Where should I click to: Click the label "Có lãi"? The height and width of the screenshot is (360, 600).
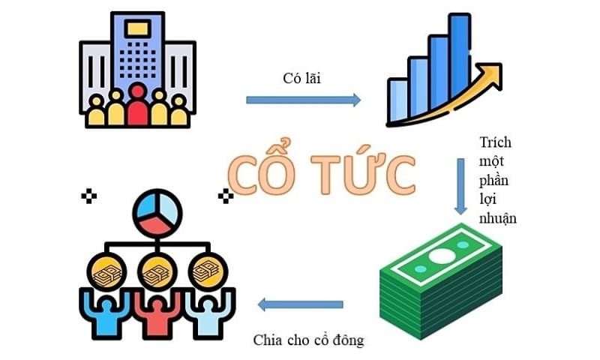click(x=302, y=78)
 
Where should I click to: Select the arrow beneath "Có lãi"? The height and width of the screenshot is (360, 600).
click(x=303, y=100)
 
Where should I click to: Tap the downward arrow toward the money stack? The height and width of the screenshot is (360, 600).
click(x=460, y=186)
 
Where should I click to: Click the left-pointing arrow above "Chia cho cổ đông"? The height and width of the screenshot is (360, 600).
click(x=301, y=304)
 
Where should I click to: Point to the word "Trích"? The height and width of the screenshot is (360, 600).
click(x=496, y=142)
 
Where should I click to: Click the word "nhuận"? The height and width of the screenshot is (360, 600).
click(x=498, y=218)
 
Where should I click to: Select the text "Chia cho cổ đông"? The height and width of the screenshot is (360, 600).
click(x=308, y=340)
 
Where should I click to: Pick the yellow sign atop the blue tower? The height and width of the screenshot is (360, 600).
click(x=138, y=28)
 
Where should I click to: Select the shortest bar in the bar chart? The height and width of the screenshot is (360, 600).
click(x=397, y=100)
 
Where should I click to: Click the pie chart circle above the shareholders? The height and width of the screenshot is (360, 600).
click(x=157, y=213)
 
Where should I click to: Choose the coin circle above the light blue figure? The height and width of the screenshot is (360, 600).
click(x=208, y=271)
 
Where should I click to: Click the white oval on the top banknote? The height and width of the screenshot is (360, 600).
click(x=441, y=256)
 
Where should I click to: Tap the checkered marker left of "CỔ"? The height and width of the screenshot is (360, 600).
click(x=88, y=196)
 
